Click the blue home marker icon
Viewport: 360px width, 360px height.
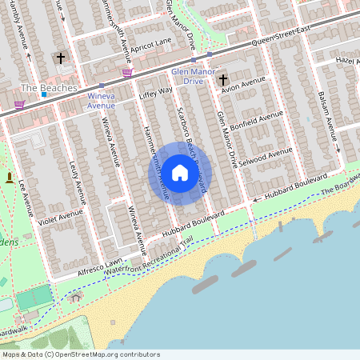(180, 173)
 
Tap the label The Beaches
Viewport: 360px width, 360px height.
(49, 87)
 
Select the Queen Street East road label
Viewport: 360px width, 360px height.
(280, 38)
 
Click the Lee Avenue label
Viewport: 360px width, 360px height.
(24, 199)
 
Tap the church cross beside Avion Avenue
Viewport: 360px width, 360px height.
(223, 79)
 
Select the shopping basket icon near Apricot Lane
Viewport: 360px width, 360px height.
(126, 73)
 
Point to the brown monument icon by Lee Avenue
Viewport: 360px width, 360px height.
(10, 176)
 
